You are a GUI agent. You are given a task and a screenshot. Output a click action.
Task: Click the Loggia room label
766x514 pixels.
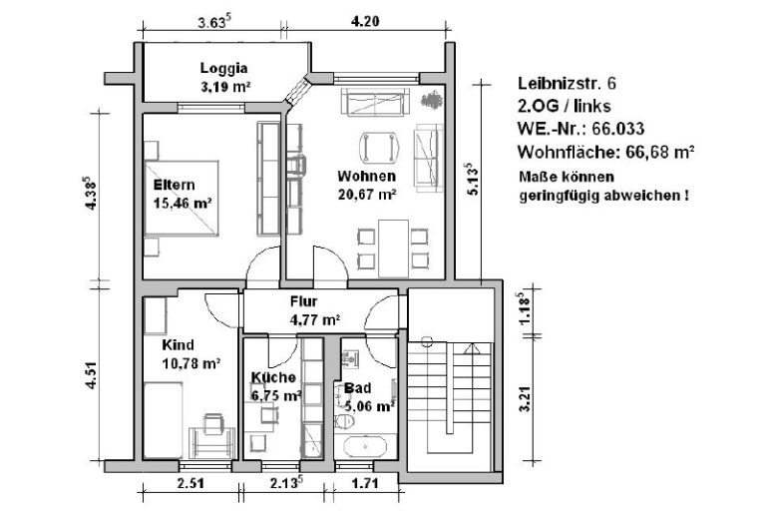(223, 69)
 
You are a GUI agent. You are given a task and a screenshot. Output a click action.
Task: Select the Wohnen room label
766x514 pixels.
(366, 176)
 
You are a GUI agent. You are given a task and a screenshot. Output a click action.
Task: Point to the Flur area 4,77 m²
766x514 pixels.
(315, 320)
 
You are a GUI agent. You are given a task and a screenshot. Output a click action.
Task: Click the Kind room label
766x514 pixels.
(178, 344)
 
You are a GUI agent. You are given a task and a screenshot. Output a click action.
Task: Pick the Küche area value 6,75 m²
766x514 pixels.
(276, 395)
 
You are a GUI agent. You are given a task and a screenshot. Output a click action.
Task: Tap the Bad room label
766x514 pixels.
(358, 388)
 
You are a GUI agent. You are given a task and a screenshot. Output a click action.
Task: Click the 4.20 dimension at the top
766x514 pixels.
(365, 22)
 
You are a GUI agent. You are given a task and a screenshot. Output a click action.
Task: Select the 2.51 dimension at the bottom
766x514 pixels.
(191, 484)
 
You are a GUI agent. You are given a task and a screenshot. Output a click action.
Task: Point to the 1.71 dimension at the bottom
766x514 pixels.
(365, 484)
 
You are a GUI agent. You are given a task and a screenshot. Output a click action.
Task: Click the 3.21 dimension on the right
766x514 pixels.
(526, 398)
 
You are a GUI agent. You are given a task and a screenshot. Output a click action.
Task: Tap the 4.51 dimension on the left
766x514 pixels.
(91, 375)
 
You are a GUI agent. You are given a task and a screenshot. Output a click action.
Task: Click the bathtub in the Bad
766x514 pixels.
(365, 446)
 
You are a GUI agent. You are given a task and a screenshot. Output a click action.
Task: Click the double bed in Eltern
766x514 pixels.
(182, 198)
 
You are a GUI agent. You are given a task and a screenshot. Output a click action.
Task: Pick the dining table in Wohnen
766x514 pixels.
(394, 249)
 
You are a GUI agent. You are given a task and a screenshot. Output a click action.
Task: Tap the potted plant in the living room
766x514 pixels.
(431, 99)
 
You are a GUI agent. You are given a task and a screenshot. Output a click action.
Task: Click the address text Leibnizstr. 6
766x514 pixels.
(567, 83)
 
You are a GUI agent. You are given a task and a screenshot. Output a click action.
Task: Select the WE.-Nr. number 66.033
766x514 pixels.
(618, 129)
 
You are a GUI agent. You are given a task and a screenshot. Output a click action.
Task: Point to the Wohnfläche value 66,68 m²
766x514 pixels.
(660, 152)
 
